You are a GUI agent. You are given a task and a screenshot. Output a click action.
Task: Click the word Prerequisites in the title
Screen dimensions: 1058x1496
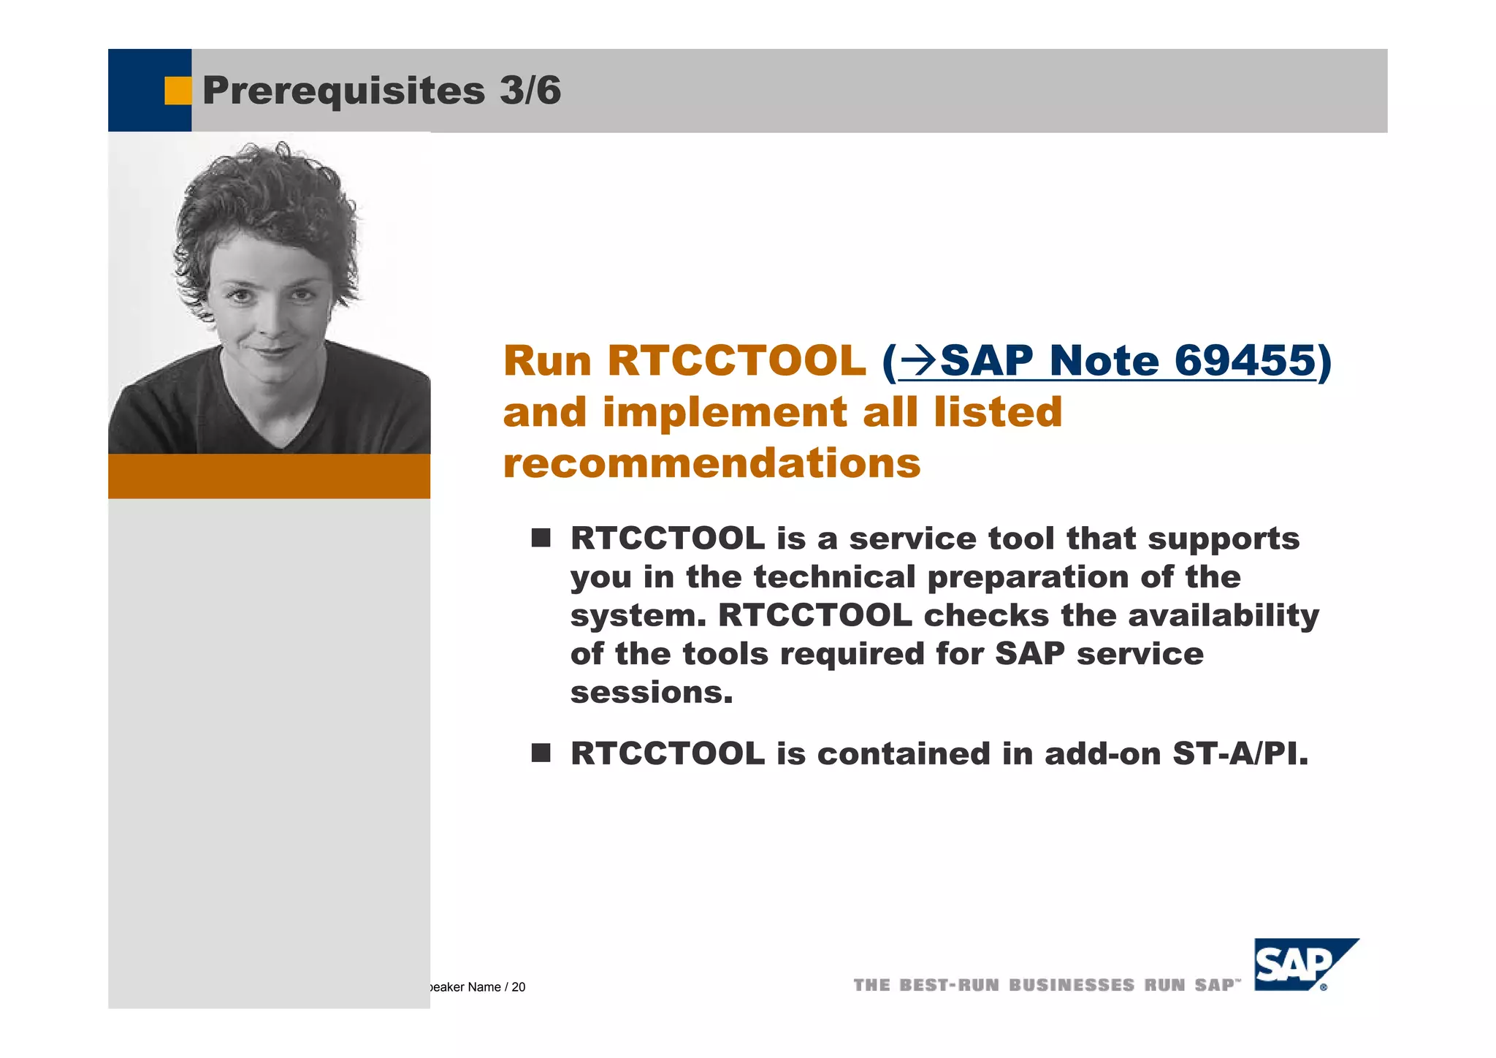coord(343,91)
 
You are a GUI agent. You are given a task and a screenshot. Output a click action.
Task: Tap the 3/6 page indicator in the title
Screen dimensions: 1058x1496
coord(530,91)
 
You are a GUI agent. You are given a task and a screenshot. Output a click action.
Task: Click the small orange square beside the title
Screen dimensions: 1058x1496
coord(177,91)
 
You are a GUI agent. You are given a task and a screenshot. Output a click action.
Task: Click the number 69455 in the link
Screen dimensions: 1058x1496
coord(1245,361)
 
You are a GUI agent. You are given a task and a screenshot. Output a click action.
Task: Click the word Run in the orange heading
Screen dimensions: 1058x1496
coord(547,361)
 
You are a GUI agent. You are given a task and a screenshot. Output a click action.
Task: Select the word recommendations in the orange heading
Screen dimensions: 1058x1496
coord(712,463)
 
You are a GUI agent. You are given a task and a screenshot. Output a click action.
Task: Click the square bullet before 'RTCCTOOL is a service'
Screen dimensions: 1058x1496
coord(541,538)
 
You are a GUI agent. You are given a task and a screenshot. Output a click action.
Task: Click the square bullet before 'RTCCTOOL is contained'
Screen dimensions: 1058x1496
coord(541,753)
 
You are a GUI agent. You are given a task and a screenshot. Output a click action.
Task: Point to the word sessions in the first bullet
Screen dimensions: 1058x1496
coord(651,693)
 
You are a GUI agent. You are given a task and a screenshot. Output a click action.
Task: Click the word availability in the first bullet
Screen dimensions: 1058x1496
coord(1224,615)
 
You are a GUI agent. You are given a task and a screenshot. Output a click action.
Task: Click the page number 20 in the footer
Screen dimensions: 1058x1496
coord(519,987)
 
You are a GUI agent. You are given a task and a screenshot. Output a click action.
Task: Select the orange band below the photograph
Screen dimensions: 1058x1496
coord(269,476)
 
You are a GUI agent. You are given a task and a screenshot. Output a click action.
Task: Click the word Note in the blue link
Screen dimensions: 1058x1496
coord(1104,361)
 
